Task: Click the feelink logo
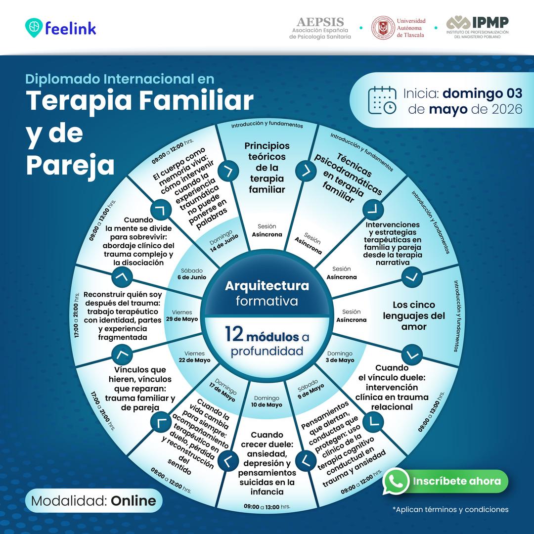(61, 28)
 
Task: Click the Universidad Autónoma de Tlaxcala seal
(383, 28)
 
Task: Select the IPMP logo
(478, 27)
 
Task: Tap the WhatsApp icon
(396, 481)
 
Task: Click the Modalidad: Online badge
(93, 500)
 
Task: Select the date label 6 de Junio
(192, 277)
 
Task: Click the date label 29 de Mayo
(182, 319)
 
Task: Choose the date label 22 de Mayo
(194, 360)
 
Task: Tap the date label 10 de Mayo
(267, 404)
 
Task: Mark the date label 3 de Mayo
(340, 360)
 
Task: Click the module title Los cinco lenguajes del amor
(414, 315)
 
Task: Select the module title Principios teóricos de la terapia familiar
(267, 168)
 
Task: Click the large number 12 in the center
(234, 334)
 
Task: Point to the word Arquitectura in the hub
(267, 286)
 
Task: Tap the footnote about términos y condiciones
(450, 509)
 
